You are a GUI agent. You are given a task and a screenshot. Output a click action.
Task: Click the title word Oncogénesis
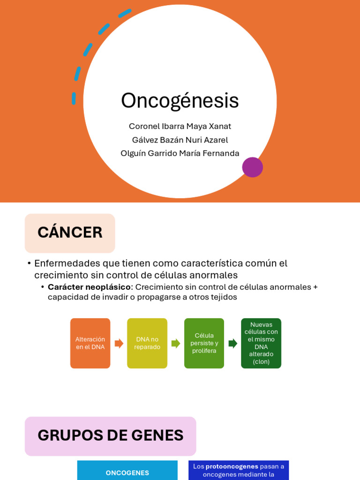180,101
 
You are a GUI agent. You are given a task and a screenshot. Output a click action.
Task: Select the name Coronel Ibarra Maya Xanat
180,127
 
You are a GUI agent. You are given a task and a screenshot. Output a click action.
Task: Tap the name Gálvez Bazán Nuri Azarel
180,140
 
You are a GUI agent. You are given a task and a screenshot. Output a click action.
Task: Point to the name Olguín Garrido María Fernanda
180,153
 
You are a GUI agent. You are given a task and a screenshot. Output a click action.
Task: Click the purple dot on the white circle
252,167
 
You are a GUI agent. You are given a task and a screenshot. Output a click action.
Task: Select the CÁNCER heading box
70,233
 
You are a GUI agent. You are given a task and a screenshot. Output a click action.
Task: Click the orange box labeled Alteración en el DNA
90,343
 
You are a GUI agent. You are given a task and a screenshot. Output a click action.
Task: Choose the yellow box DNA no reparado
147,343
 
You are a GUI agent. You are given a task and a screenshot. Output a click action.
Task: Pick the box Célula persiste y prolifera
204,343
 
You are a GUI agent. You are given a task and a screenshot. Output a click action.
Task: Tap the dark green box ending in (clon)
261,343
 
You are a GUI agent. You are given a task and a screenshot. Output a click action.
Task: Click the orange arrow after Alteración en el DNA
119,343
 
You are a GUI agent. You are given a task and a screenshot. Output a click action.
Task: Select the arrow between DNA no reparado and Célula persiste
176,343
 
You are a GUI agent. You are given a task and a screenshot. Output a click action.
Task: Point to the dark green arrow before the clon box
232,343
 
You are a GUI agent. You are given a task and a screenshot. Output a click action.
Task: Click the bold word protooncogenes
232,466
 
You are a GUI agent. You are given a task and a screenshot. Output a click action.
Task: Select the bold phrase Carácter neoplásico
89,287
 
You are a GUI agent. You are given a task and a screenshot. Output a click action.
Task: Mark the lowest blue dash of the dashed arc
74,98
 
